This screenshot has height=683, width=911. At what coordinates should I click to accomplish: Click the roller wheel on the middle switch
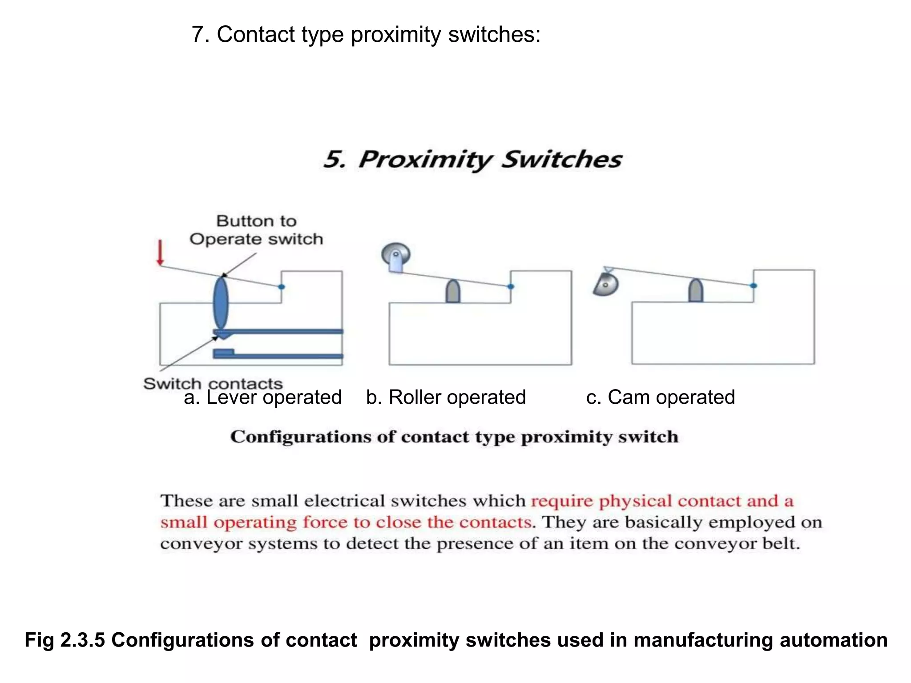click(395, 255)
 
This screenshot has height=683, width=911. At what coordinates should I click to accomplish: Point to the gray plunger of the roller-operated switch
click(453, 292)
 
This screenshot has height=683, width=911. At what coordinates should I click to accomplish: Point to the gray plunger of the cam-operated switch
click(696, 291)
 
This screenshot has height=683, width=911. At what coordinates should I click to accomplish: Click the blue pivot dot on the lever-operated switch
click(281, 287)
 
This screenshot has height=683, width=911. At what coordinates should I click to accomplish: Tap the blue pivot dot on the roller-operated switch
click(511, 286)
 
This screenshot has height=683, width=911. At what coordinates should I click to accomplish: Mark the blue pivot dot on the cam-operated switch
click(753, 285)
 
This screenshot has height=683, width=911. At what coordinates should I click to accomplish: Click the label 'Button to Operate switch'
click(256, 230)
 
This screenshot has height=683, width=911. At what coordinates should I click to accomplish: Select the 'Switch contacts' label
click(213, 383)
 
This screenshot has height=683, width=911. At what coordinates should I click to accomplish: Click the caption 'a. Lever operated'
click(262, 397)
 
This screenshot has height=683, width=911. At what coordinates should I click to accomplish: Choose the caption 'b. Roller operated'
click(446, 397)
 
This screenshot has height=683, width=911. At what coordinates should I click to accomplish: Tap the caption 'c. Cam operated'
click(660, 397)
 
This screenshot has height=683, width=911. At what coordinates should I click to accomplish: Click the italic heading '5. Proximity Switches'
click(472, 160)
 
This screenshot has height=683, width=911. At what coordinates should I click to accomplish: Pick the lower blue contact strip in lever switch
click(278, 355)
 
